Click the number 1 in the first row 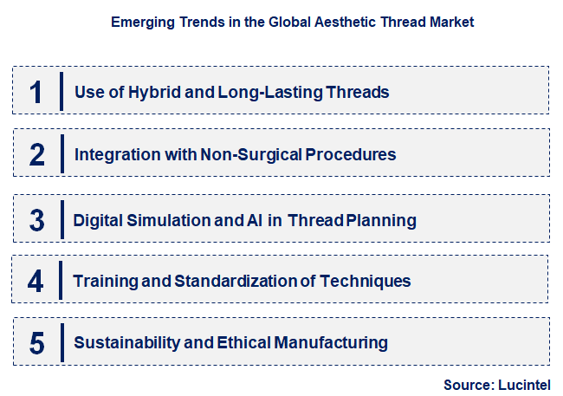[36, 92]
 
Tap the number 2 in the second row [36, 155]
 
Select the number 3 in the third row [36, 220]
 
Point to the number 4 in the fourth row [36, 281]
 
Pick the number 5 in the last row [36, 343]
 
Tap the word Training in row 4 [102, 281]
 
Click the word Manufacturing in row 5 [331, 343]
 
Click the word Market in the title [452, 23]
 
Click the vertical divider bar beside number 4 [61, 281]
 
